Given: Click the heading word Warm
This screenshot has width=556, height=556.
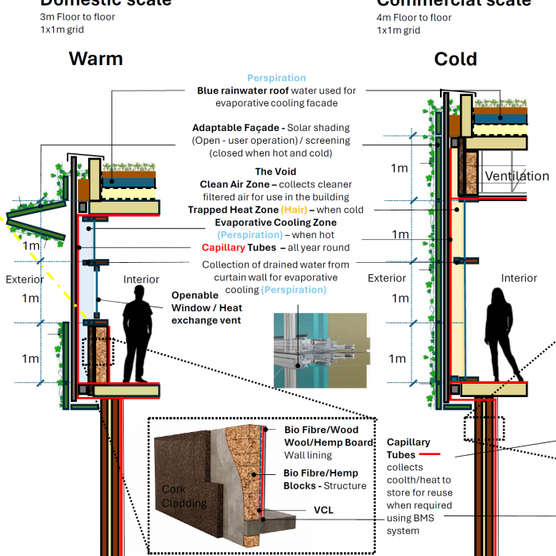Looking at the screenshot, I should pyautogui.click(x=96, y=59).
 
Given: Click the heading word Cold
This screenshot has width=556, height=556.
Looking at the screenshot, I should pyautogui.click(x=455, y=59).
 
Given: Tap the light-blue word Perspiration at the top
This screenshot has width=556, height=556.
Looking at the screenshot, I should pyautogui.click(x=276, y=78).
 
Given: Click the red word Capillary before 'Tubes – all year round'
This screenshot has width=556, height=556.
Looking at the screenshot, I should pyautogui.click(x=227, y=248).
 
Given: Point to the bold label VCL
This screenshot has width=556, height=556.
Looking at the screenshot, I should pyautogui.click(x=323, y=510).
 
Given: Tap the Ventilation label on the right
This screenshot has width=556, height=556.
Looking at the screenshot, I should pyautogui.click(x=516, y=176).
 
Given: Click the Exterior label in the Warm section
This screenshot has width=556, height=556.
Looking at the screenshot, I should pyautogui.click(x=25, y=280).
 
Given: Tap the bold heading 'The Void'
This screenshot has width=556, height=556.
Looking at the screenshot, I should pyautogui.click(x=275, y=172).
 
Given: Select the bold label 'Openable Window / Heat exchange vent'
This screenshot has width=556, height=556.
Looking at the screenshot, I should pyautogui.click(x=206, y=307).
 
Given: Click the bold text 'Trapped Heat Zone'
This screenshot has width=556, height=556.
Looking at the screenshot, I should pyautogui.click(x=231, y=210).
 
